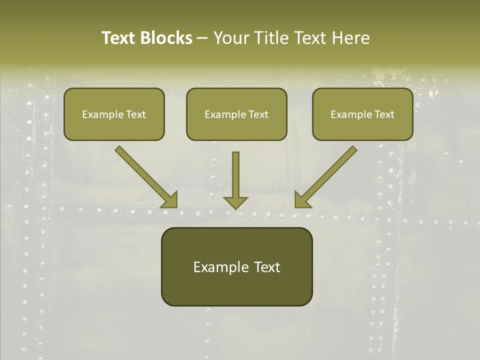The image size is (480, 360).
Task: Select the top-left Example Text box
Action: pos(114,114)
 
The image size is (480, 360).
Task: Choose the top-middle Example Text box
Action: pos(236,114)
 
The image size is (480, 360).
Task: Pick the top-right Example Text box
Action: pos(362,114)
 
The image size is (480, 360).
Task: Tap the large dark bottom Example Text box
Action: pos(236,267)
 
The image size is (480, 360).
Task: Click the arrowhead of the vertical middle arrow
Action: pos(235,202)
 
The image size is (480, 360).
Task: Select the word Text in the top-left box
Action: pos(135,114)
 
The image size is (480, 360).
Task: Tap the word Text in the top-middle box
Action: pos(258,114)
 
